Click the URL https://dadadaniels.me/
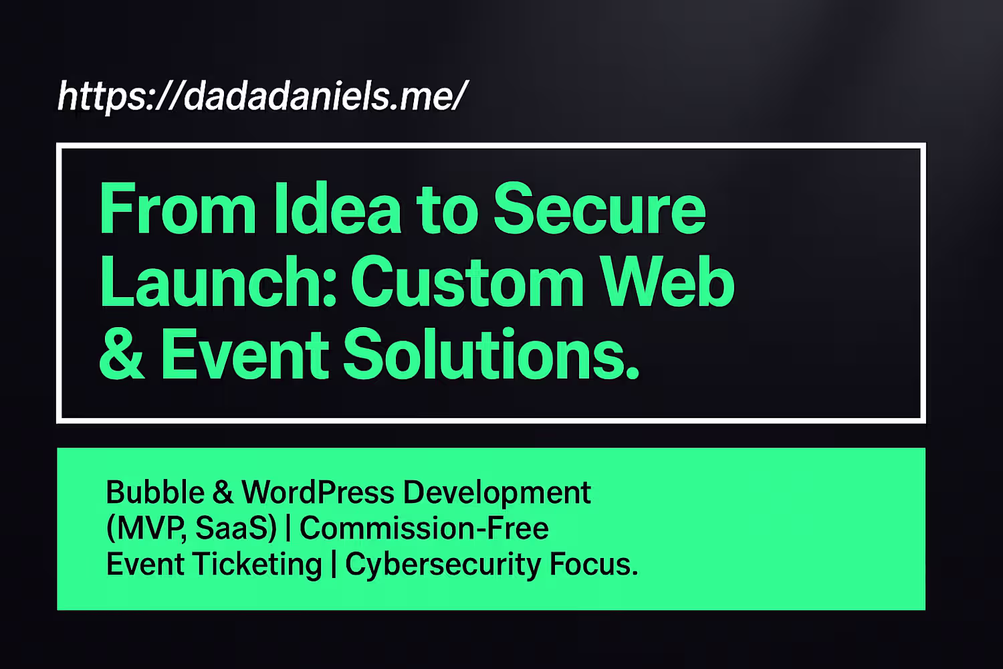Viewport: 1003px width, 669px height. [x=263, y=96]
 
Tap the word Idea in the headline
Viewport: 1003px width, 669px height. [x=338, y=208]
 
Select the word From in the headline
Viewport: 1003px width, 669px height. [x=178, y=208]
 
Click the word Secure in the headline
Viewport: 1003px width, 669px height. [x=599, y=208]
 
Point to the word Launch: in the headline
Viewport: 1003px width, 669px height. [x=218, y=282]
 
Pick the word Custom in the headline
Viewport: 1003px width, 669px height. [x=467, y=282]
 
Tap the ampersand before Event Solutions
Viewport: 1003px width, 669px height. [x=121, y=353]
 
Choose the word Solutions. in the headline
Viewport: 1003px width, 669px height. [x=491, y=353]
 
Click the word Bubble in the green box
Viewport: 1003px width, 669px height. [x=155, y=492]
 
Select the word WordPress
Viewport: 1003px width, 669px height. [x=318, y=492]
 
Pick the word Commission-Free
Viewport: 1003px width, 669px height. [x=424, y=529]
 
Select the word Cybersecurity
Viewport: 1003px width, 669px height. [x=443, y=565]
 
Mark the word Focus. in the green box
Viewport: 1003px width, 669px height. [x=594, y=564]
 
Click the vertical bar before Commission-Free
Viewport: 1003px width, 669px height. [x=288, y=529]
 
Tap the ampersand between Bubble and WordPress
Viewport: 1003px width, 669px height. [x=223, y=492]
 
